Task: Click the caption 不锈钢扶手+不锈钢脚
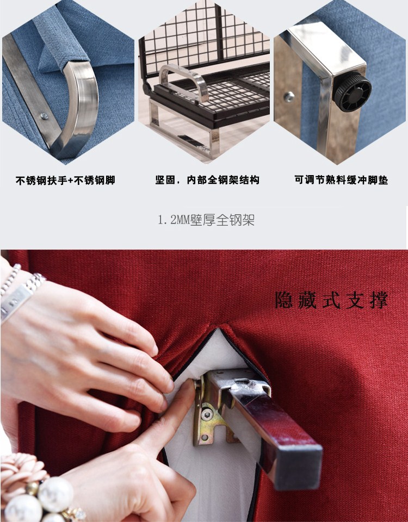(65, 180)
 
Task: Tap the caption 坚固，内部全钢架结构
(207, 180)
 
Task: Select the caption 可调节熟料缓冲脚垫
(341, 180)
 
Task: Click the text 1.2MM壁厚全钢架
(206, 220)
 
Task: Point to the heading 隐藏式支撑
(332, 300)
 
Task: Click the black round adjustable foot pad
(353, 91)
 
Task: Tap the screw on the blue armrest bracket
(44, 116)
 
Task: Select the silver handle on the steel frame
(183, 81)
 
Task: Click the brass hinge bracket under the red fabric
(213, 413)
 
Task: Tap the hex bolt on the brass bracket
(207, 414)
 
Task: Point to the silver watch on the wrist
(20, 294)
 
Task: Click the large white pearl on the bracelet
(55, 494)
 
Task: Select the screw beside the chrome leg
(289, 97)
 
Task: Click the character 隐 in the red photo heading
(283, 300)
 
